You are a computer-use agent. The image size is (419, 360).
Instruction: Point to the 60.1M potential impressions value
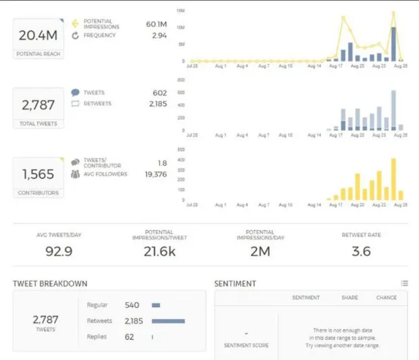(156, 24)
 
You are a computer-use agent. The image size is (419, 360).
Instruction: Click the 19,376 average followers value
(155, 174)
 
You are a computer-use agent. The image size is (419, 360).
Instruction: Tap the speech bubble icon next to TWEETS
(75, 93)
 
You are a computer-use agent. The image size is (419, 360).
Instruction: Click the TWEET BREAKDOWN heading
(50, 284)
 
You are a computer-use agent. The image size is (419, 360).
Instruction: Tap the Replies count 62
(130, 336)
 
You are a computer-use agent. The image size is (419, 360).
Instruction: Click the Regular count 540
(132, 305)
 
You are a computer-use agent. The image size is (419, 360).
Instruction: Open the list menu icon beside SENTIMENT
(404, 284)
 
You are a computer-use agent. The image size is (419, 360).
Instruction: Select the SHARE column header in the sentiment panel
(350, 298)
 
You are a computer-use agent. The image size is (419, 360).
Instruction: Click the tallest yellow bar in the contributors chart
(393, 179)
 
